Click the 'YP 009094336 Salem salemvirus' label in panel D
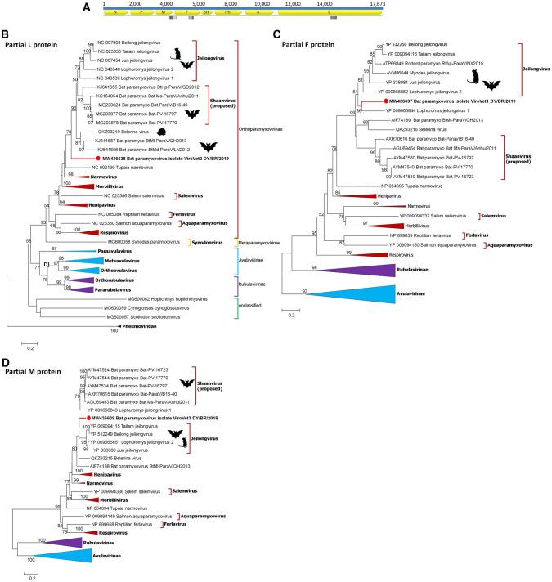point(124,490)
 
